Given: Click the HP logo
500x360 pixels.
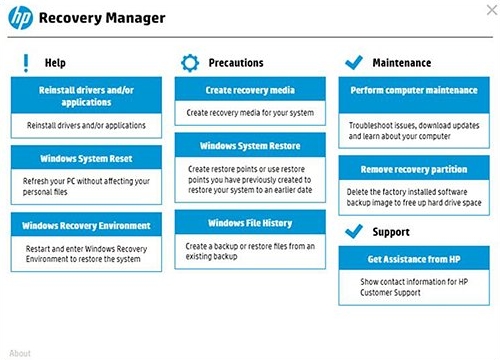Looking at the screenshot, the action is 20,18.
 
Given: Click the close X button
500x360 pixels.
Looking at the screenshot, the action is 492,10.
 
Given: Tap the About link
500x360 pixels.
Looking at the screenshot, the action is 20,353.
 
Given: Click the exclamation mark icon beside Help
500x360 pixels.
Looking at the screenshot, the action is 26,63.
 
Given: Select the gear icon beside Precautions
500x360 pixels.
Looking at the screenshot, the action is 190,63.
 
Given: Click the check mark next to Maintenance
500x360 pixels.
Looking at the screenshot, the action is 354,62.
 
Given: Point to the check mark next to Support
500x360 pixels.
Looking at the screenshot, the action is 354,231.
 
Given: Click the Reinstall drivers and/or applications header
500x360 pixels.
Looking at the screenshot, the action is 86,96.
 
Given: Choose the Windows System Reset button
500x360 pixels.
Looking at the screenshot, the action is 86,158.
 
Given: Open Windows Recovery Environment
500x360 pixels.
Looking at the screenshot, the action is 86,225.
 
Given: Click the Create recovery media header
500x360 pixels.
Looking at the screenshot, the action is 250,89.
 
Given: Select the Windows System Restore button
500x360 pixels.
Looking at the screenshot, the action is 250,145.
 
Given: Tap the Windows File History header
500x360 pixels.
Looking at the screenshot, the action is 250,222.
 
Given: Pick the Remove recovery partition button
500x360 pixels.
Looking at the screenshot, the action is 414,168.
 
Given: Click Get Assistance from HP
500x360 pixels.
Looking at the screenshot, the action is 414,258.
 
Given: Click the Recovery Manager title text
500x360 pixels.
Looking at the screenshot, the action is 102,18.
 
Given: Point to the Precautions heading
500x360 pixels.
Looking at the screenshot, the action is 236,63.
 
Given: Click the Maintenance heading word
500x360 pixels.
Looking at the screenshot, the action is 402,63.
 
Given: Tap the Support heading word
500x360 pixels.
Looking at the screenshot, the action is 391,232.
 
